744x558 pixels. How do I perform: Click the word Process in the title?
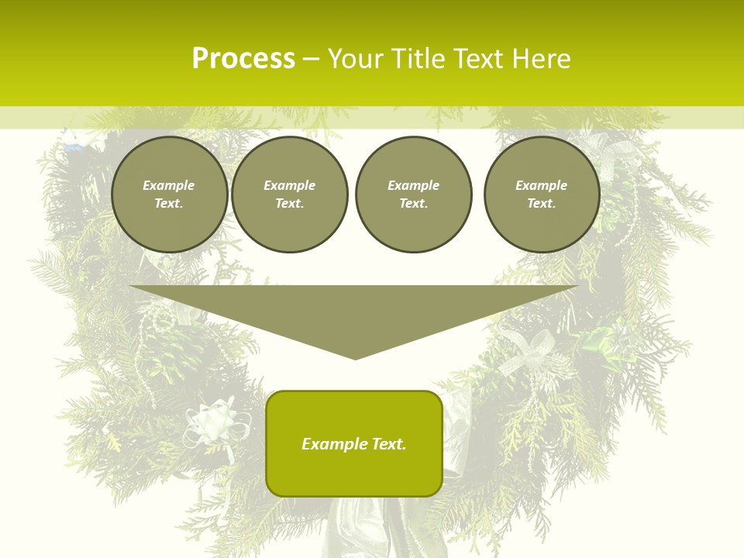click(x=243, y=59)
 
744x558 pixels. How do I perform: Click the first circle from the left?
click(x=169, y=195)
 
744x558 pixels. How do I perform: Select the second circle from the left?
click(x=289, y=195)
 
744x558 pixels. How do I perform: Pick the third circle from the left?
click(x=413, y=195)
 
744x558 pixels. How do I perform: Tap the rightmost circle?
click(x=541, y=195)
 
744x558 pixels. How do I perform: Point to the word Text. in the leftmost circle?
click(x=169, y=204)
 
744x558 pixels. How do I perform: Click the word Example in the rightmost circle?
click(x=541, y=185)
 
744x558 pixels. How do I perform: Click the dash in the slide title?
click(x=311, y=59)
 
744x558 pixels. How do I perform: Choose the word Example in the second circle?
click(x=289, y=185)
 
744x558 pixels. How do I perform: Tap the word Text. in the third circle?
click(x=413, y=204)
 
